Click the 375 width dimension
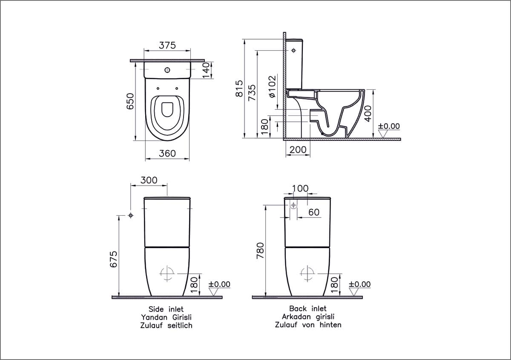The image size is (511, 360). pos(167,46)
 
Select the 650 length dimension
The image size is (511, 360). pos(130,101)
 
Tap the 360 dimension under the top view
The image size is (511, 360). pos(167,154)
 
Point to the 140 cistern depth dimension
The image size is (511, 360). pos(206,70)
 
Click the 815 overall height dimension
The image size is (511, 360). pos(239,89)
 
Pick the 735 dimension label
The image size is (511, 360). pos(252,93)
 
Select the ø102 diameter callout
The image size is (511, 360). pos(273,87)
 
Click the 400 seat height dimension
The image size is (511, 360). pos(368,114)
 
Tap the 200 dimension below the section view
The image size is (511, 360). pos(298,150)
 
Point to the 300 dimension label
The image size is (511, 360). pos(149,180)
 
